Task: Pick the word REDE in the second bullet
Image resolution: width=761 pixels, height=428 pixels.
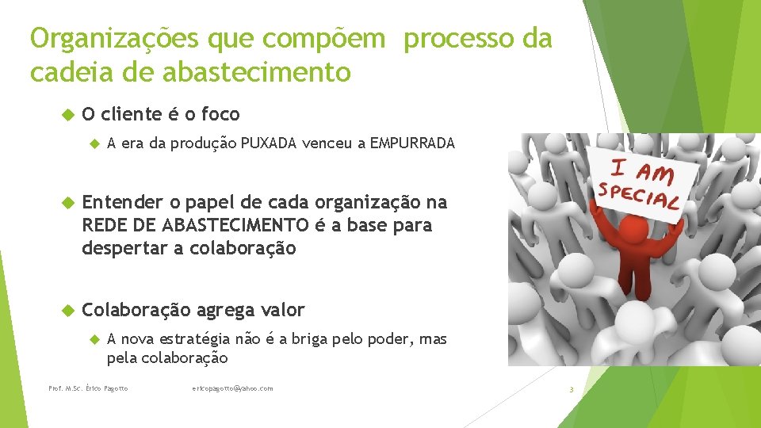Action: [x=105, y=225]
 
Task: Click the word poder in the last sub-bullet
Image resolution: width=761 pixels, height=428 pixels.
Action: [x=388, y=340]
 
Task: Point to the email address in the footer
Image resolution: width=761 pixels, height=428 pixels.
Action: [x=232, y=388]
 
